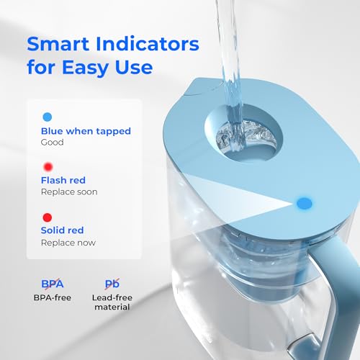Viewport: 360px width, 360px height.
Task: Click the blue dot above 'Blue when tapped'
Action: point(47,116)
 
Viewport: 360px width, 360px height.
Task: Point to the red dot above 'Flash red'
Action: point(47,166)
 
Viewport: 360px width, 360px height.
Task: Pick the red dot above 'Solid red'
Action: point(47,216)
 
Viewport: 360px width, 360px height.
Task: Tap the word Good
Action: point(53,143)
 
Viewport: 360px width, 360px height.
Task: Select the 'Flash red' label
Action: point(64,180)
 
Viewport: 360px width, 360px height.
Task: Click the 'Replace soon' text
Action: point(69,192)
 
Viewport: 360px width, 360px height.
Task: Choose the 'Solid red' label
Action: point(63,230)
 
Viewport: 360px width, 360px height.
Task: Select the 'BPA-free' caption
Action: point(52,297)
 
